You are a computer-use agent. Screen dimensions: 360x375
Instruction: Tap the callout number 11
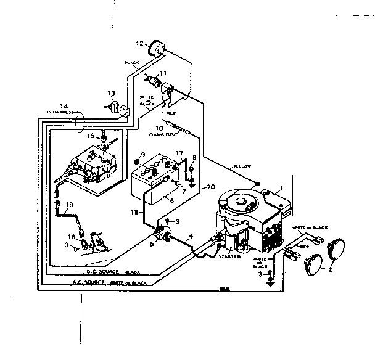point(163,73)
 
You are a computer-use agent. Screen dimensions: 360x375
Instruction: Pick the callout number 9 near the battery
point(142,154)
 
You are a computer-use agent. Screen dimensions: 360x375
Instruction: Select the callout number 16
point(71,235)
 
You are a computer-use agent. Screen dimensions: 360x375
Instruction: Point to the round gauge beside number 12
point(155,48)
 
